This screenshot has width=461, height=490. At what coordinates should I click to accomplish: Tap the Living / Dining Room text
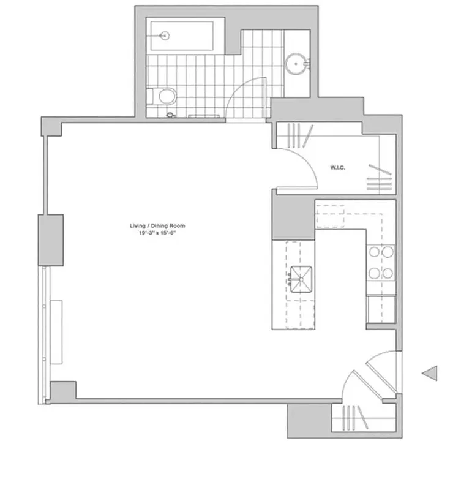pos(157,226)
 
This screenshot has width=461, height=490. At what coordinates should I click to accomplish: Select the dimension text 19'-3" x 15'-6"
pos(157,233)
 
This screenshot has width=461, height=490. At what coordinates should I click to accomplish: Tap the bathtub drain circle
pos(164,36)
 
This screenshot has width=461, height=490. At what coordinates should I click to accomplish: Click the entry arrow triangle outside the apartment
pos(430,372)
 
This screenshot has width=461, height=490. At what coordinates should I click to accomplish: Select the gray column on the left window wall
pos(51,239)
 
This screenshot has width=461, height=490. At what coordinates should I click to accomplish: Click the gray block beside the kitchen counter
pos(293,219)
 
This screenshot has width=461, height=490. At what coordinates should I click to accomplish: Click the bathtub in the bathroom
pos(181,36)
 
